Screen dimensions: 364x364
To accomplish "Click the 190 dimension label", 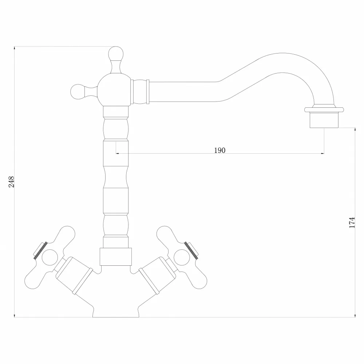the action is [219, 150].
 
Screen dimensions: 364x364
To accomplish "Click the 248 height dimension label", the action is [11, 182].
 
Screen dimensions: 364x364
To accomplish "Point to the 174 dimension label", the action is [352, 222].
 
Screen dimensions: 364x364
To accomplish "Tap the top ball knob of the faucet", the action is [116, 54].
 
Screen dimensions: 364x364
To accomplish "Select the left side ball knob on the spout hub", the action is [78, 91].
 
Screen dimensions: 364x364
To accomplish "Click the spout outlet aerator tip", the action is [324, 120].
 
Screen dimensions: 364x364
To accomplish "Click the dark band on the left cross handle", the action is [40, 250].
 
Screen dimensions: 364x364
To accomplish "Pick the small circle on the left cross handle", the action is [50, 257].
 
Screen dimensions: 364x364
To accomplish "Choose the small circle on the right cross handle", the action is [182, 257].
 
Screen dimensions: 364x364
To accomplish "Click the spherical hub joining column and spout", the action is [114, 90].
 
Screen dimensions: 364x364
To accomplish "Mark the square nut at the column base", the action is [116, 257].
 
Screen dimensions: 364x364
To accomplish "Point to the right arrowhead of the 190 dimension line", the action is [323, 154].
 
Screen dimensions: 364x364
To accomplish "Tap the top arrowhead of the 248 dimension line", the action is [15, 48].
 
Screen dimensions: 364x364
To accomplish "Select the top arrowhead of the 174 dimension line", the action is [355, 130].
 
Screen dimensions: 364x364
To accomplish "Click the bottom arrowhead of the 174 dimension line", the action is [355, 316].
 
